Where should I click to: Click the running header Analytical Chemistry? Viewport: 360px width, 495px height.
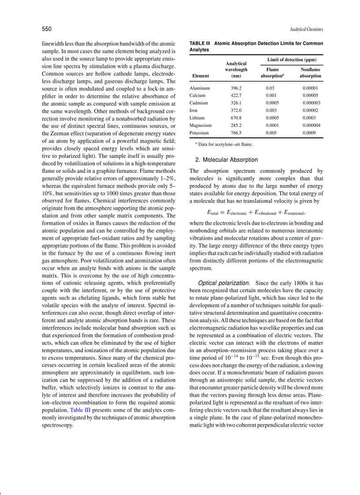(x=306, y=30)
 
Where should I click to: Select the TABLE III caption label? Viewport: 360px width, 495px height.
(x=199, y=44)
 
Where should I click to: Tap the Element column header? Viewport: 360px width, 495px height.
(x=200, y=76)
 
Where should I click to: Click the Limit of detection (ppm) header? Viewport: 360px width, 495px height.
(x=292, y=60)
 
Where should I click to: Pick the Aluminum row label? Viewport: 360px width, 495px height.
(x=199, y=88)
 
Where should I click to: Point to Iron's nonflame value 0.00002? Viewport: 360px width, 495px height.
(x=310, y=111)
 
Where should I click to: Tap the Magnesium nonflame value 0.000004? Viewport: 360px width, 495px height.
(x=311, y=126)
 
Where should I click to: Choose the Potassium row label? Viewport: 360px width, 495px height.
(x=200, y=133)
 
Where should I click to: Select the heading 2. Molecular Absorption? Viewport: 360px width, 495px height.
(x=226, y=160)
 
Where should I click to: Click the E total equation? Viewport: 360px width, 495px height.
(x=256, y=212)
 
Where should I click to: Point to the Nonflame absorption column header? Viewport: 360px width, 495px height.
(x=310, y=73)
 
